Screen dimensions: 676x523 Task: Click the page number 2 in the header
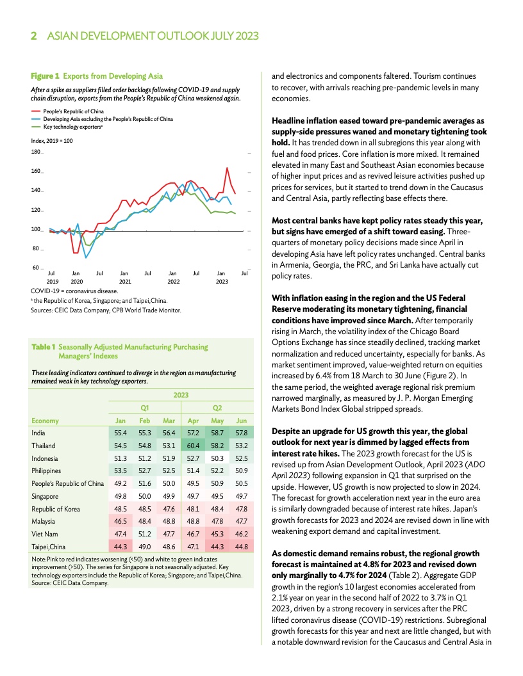[34, 36]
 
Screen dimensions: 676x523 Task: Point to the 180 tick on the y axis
[35, 152]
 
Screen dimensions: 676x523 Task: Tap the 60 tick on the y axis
[37, 268]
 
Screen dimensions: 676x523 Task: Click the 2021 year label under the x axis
[125, 281]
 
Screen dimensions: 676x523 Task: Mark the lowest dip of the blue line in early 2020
[87, 257]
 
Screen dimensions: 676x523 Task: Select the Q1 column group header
[145, 408]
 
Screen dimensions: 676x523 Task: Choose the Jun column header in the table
[241, 421]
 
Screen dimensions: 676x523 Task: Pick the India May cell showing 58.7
[217, 433]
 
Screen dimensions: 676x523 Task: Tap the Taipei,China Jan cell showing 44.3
[119, 546]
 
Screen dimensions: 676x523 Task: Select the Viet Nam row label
[45, 533]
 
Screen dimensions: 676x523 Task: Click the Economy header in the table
[45, 421]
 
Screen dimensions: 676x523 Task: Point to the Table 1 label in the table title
[44, 346]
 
